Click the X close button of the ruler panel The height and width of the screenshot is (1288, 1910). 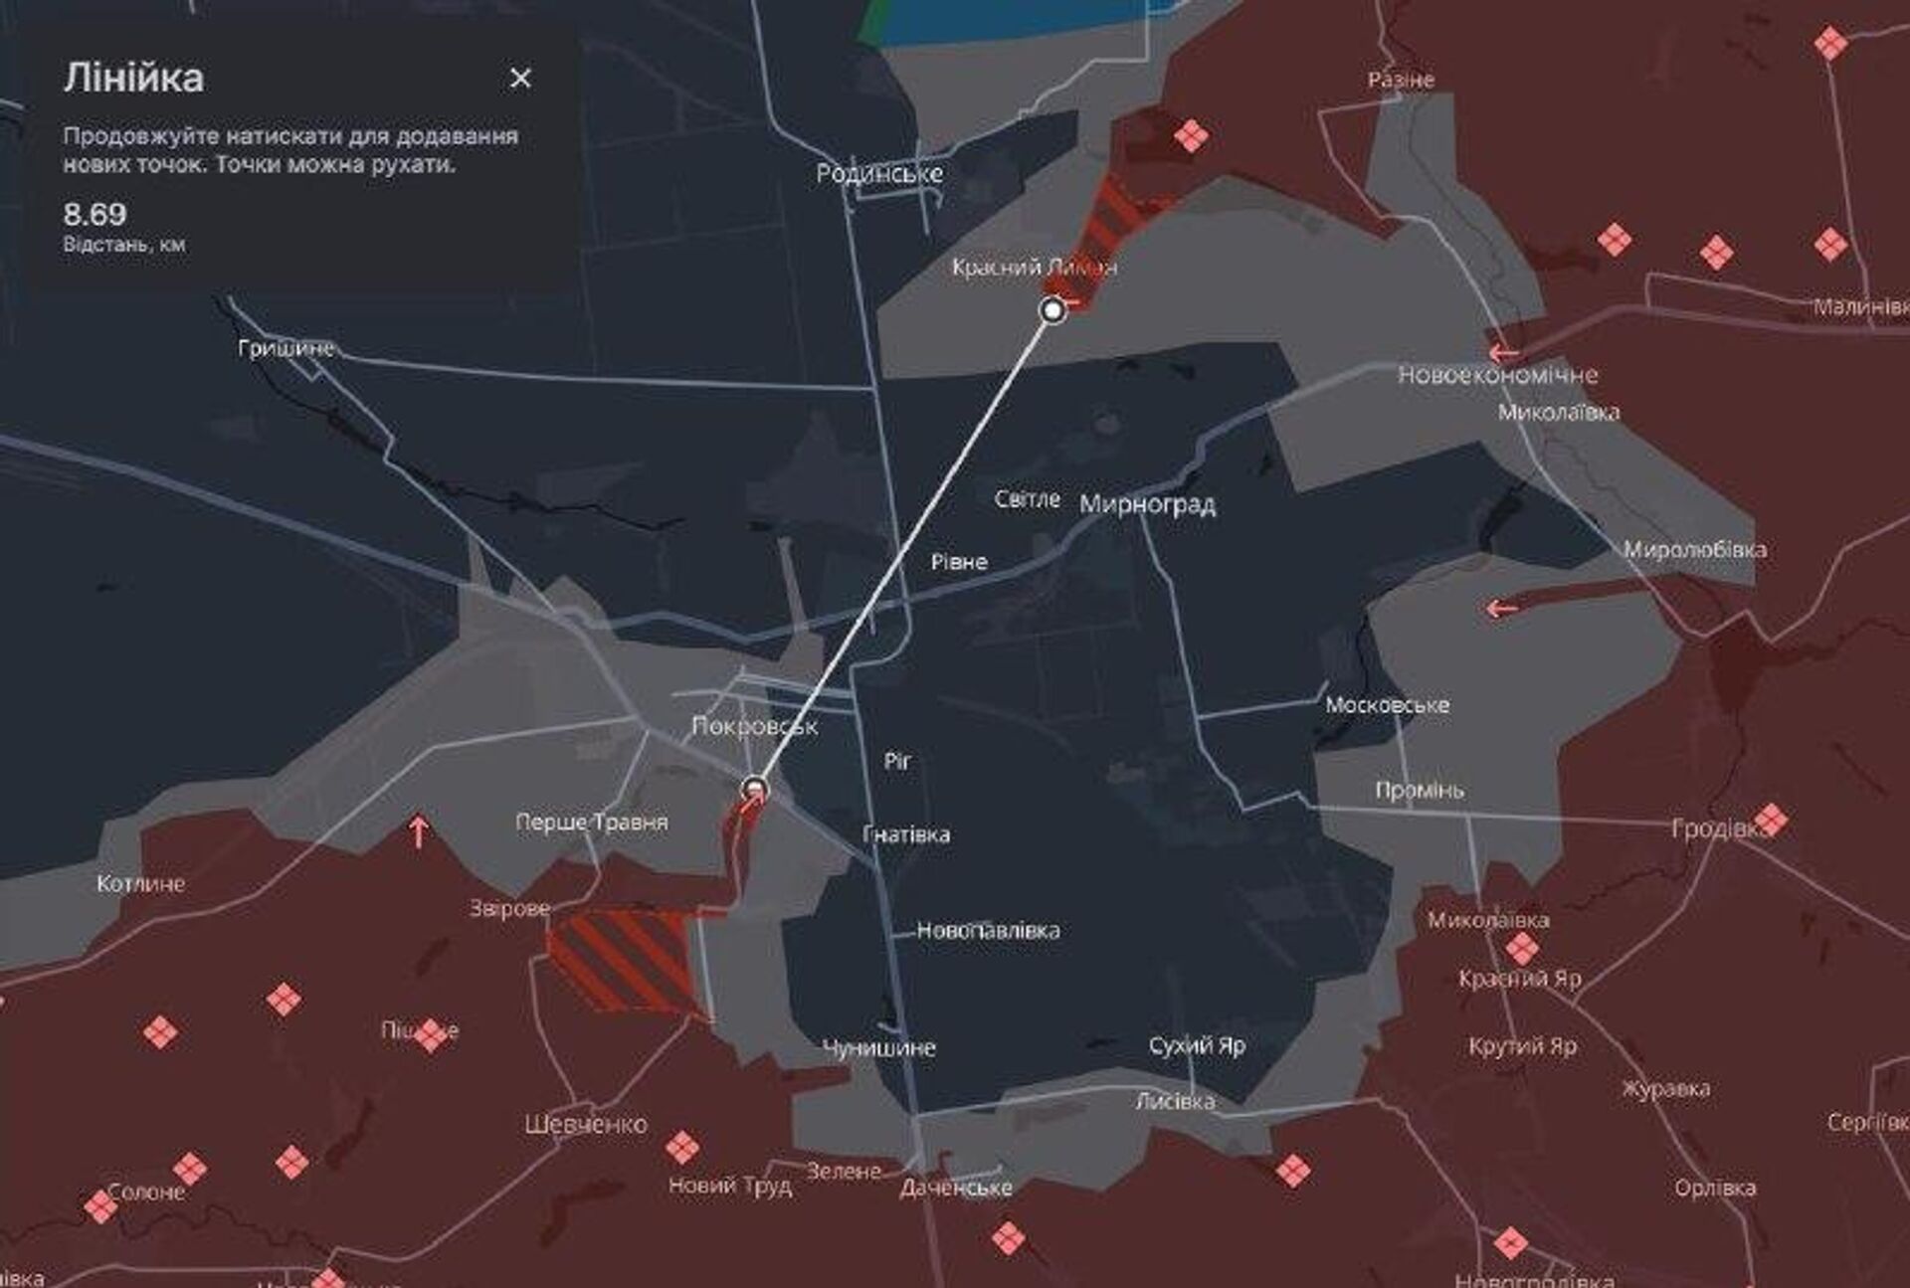click(520, 79)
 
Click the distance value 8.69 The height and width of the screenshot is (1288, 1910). click(95, 214)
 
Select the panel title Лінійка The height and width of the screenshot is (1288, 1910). click(134, 78)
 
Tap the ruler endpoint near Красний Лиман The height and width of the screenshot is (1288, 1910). click(1052, 311)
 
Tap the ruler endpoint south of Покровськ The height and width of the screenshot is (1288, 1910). click(755, 790)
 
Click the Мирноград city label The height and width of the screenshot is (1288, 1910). click(1147, 504)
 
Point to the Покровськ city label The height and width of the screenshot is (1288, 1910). click(754, 726)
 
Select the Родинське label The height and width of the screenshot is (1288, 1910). click(879, 174)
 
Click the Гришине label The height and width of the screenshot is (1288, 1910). click(286, 348)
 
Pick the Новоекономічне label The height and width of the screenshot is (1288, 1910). click(1497, 375)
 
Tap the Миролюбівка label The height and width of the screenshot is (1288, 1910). click(1694, 549)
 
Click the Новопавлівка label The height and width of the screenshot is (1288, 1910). click(988, 931)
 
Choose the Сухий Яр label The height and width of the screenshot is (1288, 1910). click(1197, 1045)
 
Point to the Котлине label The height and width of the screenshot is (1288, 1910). click(140, 883)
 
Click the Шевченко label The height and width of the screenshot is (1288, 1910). click(586, 1125)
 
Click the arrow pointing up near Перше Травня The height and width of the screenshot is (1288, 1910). click(419, 830)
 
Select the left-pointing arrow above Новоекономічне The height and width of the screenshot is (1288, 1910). click(1503, 352)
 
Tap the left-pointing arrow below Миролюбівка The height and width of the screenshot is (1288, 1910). click(1501, 608)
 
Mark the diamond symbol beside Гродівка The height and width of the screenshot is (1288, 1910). click(1771, 821)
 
